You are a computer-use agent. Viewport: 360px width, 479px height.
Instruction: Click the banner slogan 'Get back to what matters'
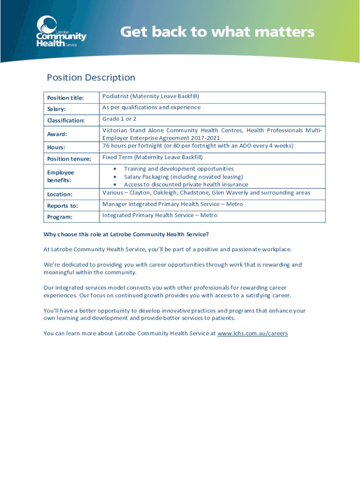click(217, 32)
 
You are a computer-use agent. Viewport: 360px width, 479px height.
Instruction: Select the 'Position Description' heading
click(91, 78)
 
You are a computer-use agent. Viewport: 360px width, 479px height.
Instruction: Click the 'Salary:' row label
click(56, 109)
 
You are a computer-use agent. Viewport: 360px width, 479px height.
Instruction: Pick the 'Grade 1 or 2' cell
click(119, 119)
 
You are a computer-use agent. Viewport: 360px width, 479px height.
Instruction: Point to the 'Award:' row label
click(57, 134)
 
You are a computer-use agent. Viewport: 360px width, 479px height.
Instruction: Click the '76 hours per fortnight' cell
click(198, 145)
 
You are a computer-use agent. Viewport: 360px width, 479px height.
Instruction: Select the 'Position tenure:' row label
click(69, 159)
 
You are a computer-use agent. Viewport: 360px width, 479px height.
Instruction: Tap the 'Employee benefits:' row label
click(61, 176)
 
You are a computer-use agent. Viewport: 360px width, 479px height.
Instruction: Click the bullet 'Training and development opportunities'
click(179, 168)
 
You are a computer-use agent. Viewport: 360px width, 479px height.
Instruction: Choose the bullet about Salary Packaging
click(183, 176)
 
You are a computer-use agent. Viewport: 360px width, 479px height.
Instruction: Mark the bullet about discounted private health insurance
click(186, 184)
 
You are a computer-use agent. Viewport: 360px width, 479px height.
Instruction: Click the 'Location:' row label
click(59, 194)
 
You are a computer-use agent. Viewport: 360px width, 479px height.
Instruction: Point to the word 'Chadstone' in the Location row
click(194, 192)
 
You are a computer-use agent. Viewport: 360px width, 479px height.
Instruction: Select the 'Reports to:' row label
click(62, 206)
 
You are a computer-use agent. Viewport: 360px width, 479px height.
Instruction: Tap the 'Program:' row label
click(59, 217)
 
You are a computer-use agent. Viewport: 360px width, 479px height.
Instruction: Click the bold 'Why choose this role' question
click(126, 234)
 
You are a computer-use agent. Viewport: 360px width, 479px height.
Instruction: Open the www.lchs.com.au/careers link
click(252, 334)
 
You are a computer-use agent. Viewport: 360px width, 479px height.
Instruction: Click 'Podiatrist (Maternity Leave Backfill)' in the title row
click(151, 96)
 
